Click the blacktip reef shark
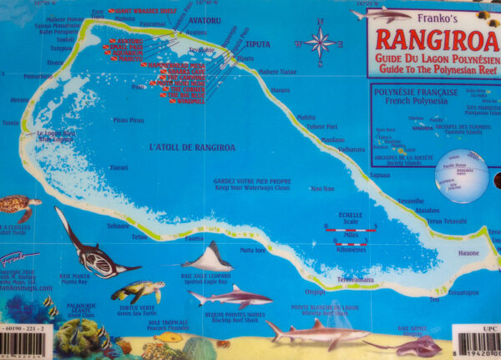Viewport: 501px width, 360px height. [x=229, y=297]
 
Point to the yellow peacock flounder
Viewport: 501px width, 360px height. [x=170, y=337]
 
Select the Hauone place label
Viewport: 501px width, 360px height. [x=468, y=252]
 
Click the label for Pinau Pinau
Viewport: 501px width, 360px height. [x=129, y=120]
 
